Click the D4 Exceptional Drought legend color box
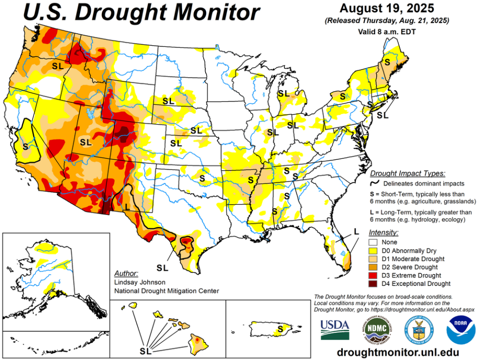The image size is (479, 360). coord(374,283)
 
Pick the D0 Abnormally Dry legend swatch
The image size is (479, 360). coord(374,250)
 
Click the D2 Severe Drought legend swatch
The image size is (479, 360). coord(374,267)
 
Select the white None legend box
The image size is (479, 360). coord(374,242)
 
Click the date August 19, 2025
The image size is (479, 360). coord(386,9)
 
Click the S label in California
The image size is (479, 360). coord(25,146)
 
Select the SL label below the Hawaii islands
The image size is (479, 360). coord(145,350)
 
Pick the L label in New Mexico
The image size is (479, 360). coord(127,206)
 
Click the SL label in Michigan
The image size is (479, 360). coord(283,93)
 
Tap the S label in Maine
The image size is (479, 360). coord(387,62)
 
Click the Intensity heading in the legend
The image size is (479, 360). coord(384,232)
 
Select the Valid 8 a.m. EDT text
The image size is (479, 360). coord(387,31)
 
